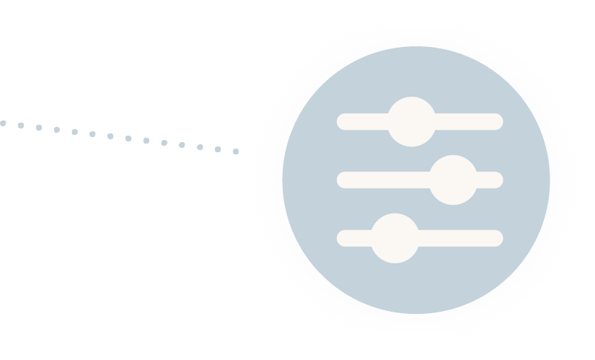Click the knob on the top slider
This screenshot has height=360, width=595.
[x=411, y=121]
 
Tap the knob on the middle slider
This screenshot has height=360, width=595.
[x=453, y=180]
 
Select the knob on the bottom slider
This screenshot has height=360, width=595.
[x=395, y=238]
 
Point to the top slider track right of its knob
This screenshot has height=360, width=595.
[x=469, y=121]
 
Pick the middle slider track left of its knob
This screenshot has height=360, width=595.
[x=382, y=180]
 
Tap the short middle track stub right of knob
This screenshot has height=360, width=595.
[x=490, y=180]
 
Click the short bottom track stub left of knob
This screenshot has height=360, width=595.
[x=354, y=238]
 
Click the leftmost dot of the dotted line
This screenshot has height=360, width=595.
[x=3, y=123]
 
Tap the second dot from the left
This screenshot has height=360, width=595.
[x=21, y=126]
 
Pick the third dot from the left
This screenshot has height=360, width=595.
[x=39, y=128]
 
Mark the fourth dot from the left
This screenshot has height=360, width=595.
[x=57, y=130]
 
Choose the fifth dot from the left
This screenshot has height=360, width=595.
[x=74, y=132]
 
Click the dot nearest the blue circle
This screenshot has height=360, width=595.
[x=236, y=152]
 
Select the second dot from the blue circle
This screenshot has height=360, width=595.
[x=218, y=149]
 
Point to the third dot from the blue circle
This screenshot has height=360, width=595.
[x=200, y=147]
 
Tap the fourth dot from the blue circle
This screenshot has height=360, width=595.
[x=182, y=145]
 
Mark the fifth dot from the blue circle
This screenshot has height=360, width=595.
[x=164, y=143]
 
